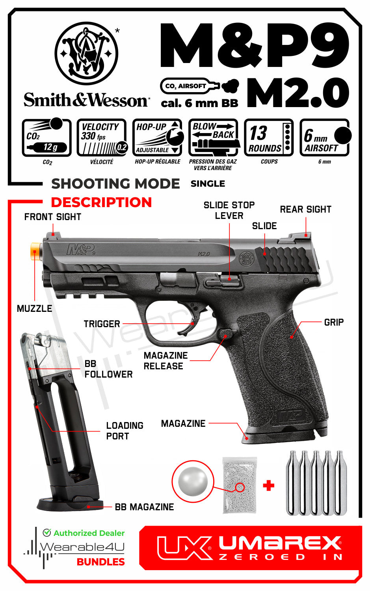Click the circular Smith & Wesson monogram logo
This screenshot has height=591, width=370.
tap(86, 53)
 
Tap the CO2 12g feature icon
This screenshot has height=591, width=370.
tap(47, 137)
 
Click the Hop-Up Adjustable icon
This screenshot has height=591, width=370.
tap(158, 137)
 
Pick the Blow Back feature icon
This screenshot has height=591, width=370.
tap(214, 137)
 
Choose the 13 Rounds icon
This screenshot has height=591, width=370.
tap(269, 137)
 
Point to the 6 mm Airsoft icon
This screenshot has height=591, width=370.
tap(325, 137)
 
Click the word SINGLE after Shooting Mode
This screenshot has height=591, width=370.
tap(208, 183)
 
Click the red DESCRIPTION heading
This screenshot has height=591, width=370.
tap(101, 202)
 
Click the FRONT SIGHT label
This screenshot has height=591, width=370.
tap(53, 217)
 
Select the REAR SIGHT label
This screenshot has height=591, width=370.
tap(305, 209)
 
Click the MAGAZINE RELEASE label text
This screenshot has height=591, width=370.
tap(165, 361)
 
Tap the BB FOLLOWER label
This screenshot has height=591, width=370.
tap(108, 369)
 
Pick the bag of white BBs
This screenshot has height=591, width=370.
tap(240, 485)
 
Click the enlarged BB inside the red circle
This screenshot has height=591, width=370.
tap(193, 481)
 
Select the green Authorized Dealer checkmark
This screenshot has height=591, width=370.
tap(47, 532)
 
